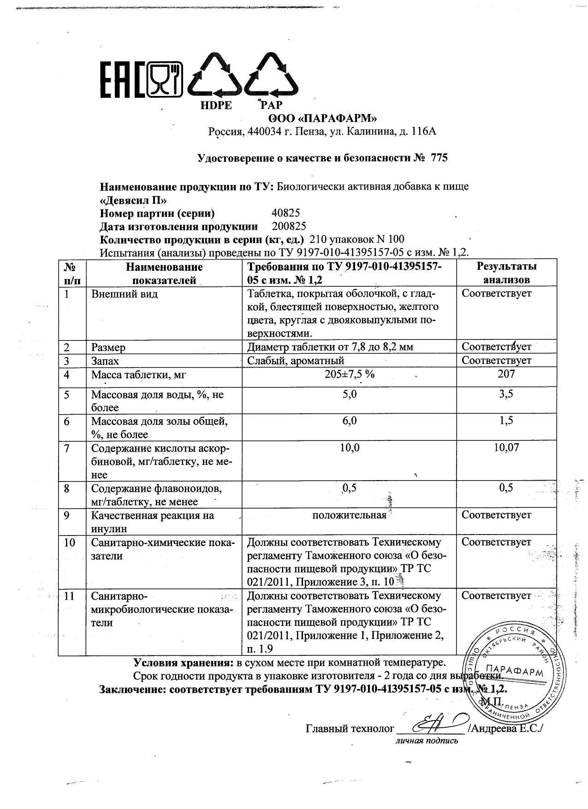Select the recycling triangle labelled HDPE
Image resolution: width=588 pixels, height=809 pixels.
click(x=216, y=76)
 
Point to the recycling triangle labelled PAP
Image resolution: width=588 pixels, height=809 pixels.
click(x=271, y=76)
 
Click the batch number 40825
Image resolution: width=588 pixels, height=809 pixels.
click(x=286, y=213)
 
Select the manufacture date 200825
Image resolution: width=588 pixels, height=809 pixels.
click(x=289, y=226)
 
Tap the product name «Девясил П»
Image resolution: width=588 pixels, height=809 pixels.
click(x=133, y=200)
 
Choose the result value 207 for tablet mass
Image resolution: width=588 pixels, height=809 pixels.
click(x=506, y=374)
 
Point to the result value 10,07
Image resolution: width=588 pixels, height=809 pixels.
click(x=506, y=447)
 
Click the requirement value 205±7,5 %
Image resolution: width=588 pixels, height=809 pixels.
click(x=349, y=374)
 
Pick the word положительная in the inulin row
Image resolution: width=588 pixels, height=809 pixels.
click(x=349, y=515)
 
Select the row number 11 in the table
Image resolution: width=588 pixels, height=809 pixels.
click(x=69, y=596)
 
